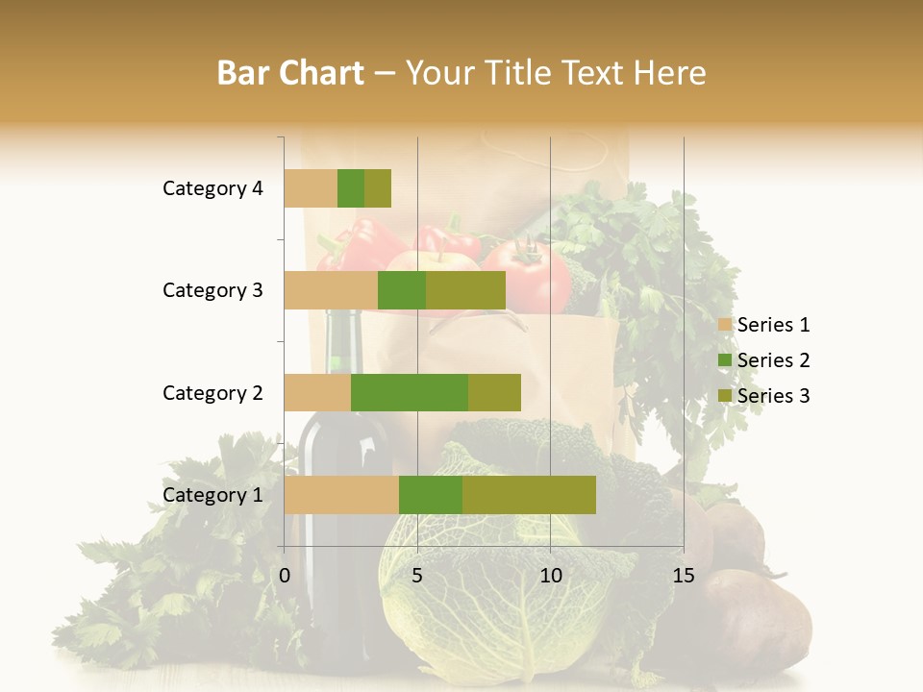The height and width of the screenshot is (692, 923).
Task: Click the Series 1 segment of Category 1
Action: click(x=341, y=495)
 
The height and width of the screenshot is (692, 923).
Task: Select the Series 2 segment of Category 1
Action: click(x=431, y=495)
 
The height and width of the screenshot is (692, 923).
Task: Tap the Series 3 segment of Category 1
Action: click(x=529, y=495)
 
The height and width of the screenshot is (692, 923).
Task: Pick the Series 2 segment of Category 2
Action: click(x=410, y=392)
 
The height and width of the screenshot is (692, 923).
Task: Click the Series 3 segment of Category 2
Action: click(x=494, y=392)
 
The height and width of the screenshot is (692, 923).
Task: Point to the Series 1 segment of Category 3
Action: click(x=331, y=290)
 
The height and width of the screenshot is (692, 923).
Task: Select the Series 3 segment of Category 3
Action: click(x=465, y=290)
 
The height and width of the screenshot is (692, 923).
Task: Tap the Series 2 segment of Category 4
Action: click(x=351, y=188)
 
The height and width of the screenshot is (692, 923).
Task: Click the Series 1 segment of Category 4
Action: click(x=311, y=188)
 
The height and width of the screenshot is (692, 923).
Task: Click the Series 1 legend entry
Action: click(x=764, y=325)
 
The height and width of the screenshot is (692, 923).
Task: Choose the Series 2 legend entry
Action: click(x=764, y=360)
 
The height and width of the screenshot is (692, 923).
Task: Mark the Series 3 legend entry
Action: click(x=764, y=396)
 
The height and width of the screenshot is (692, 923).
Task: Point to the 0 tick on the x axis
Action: click(x=285, y=576)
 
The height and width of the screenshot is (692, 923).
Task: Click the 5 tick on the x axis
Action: click(x=417, y=576)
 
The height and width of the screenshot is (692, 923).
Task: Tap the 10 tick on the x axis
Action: click(x=550, y=576)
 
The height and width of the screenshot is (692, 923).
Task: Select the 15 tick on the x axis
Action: click(x=683, y=576)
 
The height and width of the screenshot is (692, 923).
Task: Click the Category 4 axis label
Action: click(x=212, y=188)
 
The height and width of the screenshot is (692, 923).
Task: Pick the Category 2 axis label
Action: click(x=212, y=392)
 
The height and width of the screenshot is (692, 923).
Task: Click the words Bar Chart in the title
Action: click(x=290, y=73)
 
